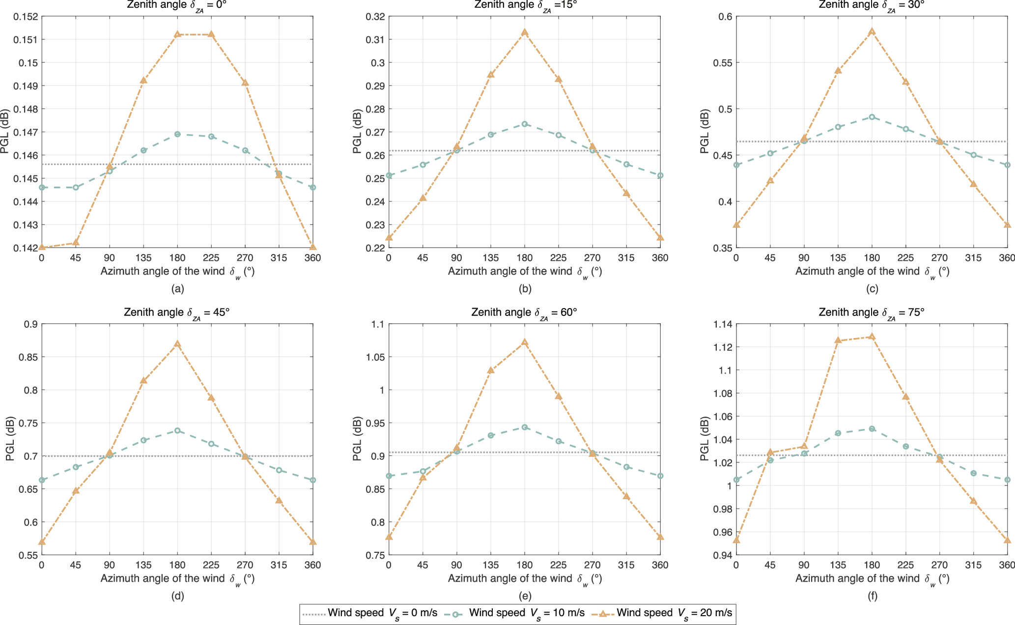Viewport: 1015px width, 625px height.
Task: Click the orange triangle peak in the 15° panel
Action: [525, 32]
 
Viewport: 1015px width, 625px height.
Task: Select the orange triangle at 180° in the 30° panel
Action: [872, 31]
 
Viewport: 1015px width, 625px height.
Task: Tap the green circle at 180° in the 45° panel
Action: [177, 430]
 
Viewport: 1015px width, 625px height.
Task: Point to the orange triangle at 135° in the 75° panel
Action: [838, 340]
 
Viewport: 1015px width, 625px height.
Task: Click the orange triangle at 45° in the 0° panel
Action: [76, 242]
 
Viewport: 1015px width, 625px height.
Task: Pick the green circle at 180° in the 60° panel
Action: [525, 427]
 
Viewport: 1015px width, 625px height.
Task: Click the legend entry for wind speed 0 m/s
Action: [369, 613]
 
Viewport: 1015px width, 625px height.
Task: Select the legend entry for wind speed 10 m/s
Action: [514, 613]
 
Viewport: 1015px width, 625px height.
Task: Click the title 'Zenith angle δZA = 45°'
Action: [177, 312]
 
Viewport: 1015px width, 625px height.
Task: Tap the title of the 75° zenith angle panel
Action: [872, 312]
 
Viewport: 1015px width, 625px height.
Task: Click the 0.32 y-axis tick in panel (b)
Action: [375, 17]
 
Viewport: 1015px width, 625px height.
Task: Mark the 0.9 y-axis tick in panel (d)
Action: [31, 324]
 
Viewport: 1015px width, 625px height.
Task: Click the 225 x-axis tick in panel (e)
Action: [558, 565]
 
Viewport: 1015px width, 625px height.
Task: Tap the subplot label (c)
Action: [872, 289]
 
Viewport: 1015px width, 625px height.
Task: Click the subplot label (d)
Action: [177, 596]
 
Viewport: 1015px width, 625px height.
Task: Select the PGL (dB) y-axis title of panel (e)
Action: [357, 439]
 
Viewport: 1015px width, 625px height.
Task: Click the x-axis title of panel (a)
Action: [177, 272]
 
